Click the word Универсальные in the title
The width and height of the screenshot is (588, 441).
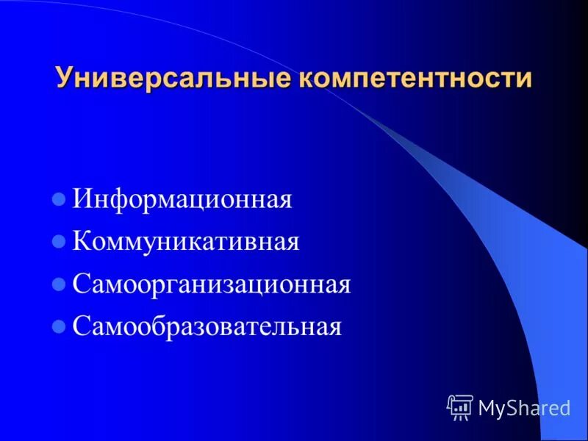click(173, 78)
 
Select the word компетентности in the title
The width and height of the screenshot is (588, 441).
click(413, 78)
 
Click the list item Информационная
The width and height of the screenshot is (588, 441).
click(182, 200)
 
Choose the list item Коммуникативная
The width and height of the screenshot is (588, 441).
click(186, 242)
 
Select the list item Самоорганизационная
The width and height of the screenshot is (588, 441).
click(212, 284)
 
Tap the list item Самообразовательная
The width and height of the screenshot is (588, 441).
click(207, 326)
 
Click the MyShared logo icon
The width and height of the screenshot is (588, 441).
click(460, 406)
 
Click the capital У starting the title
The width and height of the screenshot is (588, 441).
click(64, 78)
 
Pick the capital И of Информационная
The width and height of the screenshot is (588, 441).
click(82, 200)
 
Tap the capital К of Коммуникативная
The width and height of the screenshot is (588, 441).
click(82, 242)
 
